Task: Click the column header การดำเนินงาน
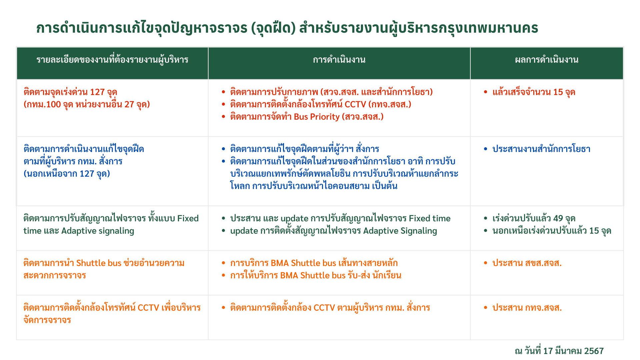(339, 60)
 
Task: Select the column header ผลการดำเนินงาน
(547, 60)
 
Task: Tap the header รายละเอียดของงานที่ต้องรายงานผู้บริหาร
(112, 60)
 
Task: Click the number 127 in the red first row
(97, 92)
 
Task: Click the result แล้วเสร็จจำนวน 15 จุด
(534, 92)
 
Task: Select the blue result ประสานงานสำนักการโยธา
(541, 149)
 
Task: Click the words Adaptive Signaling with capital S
(400, 231)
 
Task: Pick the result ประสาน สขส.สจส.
(527, 263)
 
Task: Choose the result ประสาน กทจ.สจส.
(527, 308)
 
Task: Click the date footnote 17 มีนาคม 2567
(573, 351)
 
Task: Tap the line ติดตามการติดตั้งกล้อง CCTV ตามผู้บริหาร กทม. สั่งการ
(330, 308)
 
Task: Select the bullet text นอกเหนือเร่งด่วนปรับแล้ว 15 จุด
(552, 231)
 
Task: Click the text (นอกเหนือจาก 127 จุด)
(67, 174)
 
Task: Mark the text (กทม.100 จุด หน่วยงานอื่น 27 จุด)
(87, 105)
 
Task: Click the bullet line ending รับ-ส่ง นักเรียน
(316, 276)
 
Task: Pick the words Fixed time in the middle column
(430, 219)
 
